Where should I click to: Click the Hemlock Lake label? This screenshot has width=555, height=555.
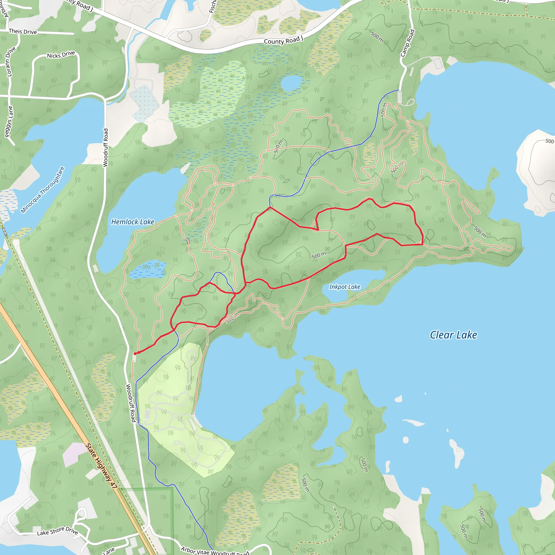click(133, 222)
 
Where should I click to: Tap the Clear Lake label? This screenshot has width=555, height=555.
click(453, 335)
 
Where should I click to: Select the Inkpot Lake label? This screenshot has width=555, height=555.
click(344, 287)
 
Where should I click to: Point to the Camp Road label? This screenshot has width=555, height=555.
click(408, 43)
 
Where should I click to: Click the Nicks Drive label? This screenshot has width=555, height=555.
click(61, 54)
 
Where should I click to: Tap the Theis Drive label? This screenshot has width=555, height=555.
click(23, 31)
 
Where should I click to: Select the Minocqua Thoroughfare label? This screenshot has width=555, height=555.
click(43, 190)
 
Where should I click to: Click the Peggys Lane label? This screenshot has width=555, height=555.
click(9, 121)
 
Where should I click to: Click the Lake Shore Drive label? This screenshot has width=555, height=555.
click(57, 531)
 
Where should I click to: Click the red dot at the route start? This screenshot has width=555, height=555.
click(135, 354)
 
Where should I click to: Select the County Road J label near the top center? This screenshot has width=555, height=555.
click(283, 40)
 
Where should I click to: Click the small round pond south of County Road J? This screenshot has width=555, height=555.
click(291, 83)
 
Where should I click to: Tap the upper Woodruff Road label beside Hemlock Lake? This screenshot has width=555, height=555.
click(105, 148)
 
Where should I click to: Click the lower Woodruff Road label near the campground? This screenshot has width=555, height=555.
click(131, 403)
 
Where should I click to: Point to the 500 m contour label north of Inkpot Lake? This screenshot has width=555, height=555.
click(319, 255)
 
